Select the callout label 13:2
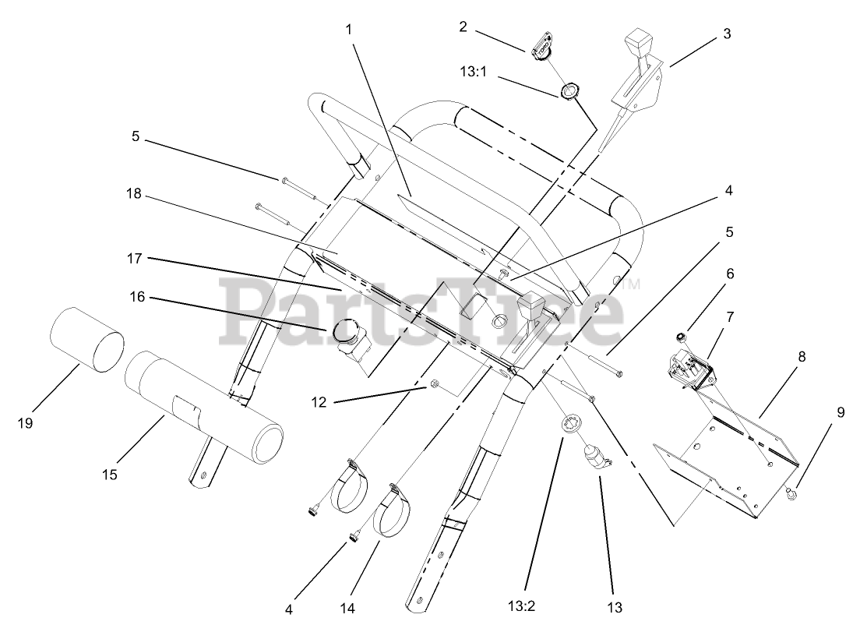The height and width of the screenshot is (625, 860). point(526,604)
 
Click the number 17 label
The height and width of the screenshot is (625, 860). point(136,256)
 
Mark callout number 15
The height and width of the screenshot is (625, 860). point(111,474)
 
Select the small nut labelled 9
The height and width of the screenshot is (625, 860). point(791,493)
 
